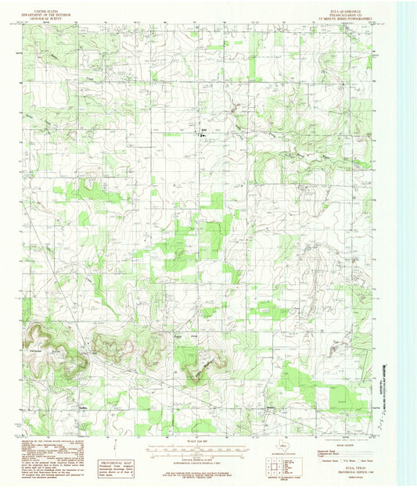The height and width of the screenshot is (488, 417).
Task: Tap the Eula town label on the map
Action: pyautogui.click(x=204, y=130)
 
